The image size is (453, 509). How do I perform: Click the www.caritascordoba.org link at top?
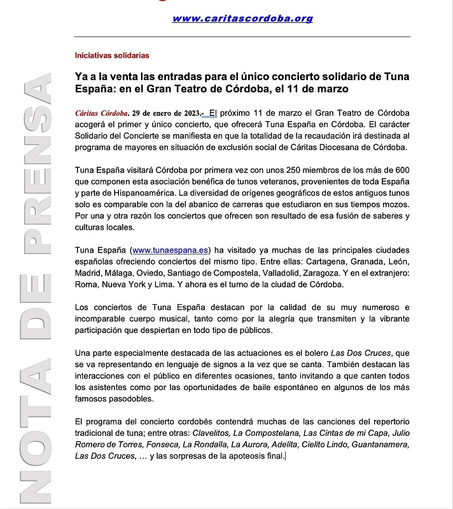(242, 18)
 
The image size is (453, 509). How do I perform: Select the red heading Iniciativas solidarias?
(112, 55)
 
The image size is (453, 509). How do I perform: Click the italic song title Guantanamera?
(378, 444)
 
